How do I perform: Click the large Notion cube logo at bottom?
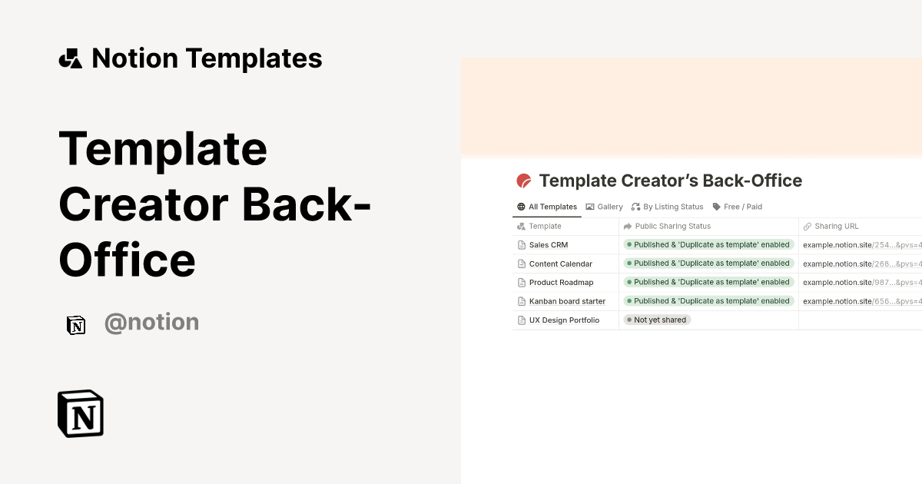click(81, 413)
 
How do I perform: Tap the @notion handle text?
click(151, 322)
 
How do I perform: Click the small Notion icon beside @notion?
click(76, 324)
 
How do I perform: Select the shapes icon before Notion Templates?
click(71, 58)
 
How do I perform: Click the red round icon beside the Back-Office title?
click(524, 181)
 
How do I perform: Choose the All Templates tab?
click(547, 207)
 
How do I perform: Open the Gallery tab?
click(605, 207)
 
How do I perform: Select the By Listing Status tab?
click(667, 207)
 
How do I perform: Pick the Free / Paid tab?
click(738, 207)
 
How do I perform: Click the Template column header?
click(545, 227)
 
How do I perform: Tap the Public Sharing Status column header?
click(672, 227)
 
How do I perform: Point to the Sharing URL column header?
click(836, 227)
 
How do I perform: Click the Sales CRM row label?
click(549, 245)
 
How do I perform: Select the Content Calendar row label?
click(561, 264)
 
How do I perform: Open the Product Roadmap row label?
click(561, 283)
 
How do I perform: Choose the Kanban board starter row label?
click(567, 301)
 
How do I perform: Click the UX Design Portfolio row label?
click(564, 320)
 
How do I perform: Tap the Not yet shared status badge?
click(658, 320)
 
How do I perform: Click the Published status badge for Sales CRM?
click(708, 244)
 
